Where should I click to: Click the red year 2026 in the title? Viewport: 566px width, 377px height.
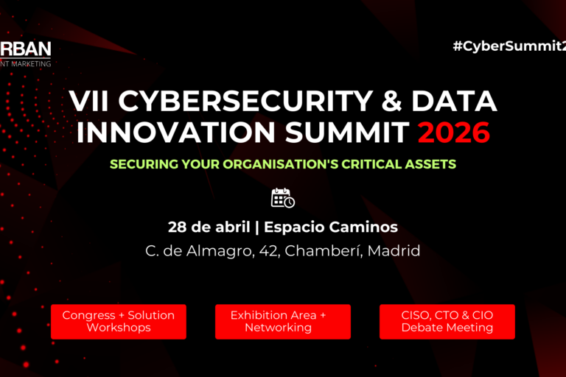[453, 133]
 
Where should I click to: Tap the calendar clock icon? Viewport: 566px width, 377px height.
[283, 198]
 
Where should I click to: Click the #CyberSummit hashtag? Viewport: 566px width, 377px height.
[509, 46]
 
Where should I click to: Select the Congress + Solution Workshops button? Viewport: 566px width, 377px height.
[119, 321]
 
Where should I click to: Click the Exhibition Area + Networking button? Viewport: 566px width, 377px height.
[283, 321]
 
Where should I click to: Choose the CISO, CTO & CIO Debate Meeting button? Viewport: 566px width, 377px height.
[447, 321]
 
